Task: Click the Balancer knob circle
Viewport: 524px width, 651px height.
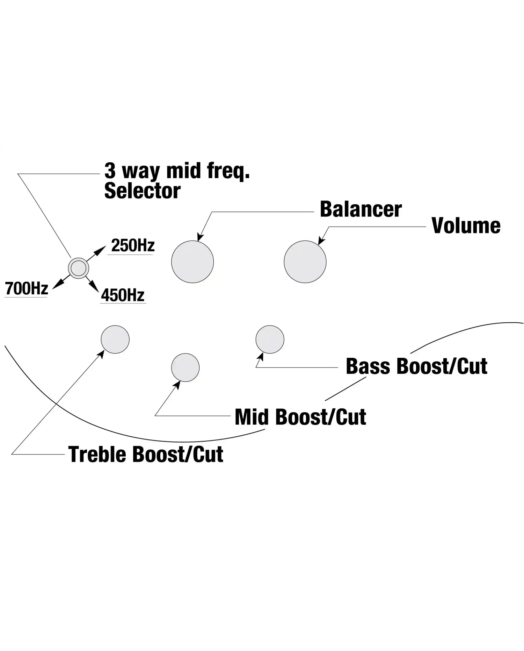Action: pyautogui.click(x=192, y=262)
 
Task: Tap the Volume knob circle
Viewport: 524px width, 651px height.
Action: pyautogui.click(x=305, y=262)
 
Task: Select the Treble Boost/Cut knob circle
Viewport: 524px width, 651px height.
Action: pyautogui.click(x=115, y=339)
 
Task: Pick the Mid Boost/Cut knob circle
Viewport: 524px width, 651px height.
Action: pyautogui.click(x=185, y=367)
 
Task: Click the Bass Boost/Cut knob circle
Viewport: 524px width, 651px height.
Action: pyautogui.click(x=270, y=339)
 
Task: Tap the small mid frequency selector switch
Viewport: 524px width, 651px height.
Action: pyautogui.click(x=78, y=268)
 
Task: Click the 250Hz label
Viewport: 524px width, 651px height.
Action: pyautogui.click(x=133, y=245)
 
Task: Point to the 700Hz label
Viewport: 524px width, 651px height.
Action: pyautogui.click(x=27, y=288)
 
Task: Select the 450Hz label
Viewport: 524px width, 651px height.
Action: pyautogui.click(x=123, y=295)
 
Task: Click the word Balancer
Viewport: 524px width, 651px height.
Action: pyautogui.click(x=361, y=209)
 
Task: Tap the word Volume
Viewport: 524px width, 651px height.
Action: pyautogui.click(x=466, y=226)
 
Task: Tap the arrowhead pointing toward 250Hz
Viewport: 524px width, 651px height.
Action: pyautogui.click(x=101, y=249)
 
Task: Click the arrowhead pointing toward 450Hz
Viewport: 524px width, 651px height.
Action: pyautogui.click(x=95, y=287)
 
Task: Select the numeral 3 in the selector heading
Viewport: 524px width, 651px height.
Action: pyautogui.click(x=110, y=171)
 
